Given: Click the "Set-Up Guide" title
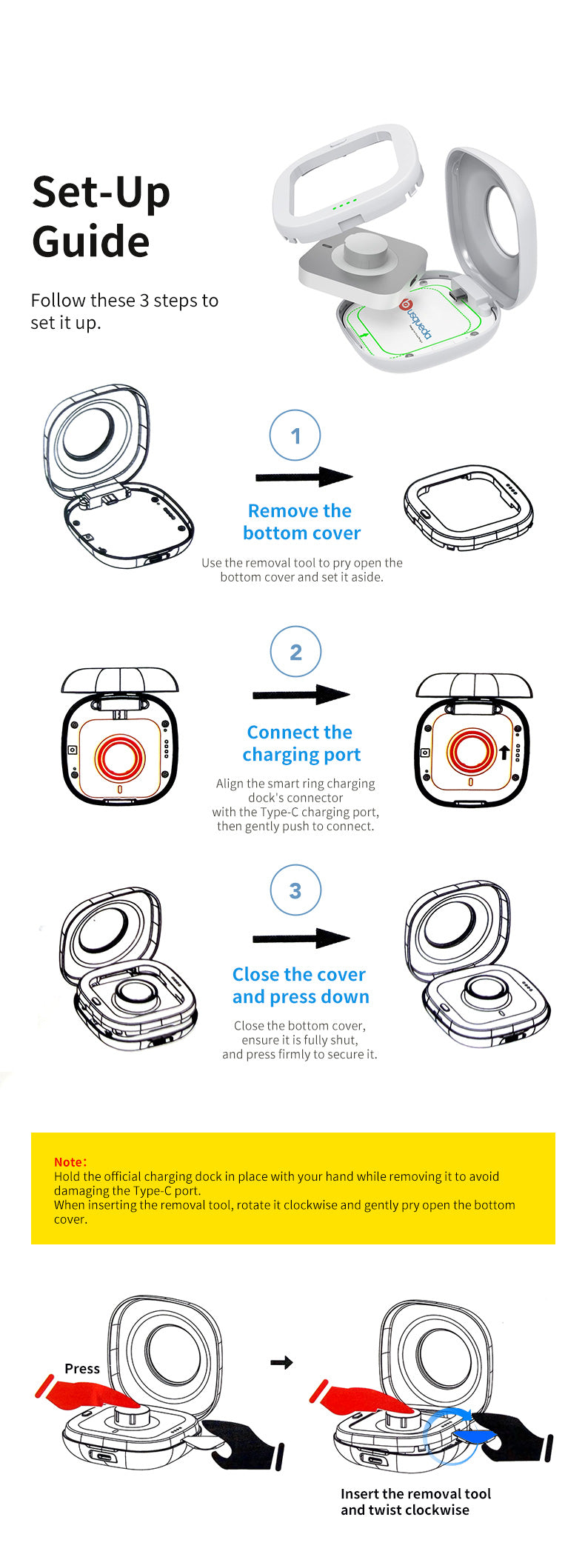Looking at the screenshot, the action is [x=101, y=216].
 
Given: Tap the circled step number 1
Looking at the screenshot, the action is [x=295, y=435].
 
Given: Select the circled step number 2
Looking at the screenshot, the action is [x=295, y=652].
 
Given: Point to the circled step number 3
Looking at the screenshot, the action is [x=295, y=890].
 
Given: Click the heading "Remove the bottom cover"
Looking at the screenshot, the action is [x=301, y=521].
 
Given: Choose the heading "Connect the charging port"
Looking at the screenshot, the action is [x=301, y=743].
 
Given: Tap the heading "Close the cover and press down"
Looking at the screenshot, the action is [x=301, y=985].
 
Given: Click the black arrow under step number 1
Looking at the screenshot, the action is [x=304, y=477].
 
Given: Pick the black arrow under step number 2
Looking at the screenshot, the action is [x=301, y=695].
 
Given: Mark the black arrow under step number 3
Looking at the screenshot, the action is [x=301, y=938].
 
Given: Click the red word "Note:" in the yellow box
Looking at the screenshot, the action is [x=70, y=1162].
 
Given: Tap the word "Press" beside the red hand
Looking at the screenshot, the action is [x=82, y=1369].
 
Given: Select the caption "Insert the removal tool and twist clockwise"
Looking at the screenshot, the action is [x=415, y=1501].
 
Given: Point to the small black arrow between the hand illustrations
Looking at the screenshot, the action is [x=281, y=1362].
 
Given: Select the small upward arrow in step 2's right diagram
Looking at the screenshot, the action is [x=504, y=753].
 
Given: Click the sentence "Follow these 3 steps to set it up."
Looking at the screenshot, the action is [x=124, y=311].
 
